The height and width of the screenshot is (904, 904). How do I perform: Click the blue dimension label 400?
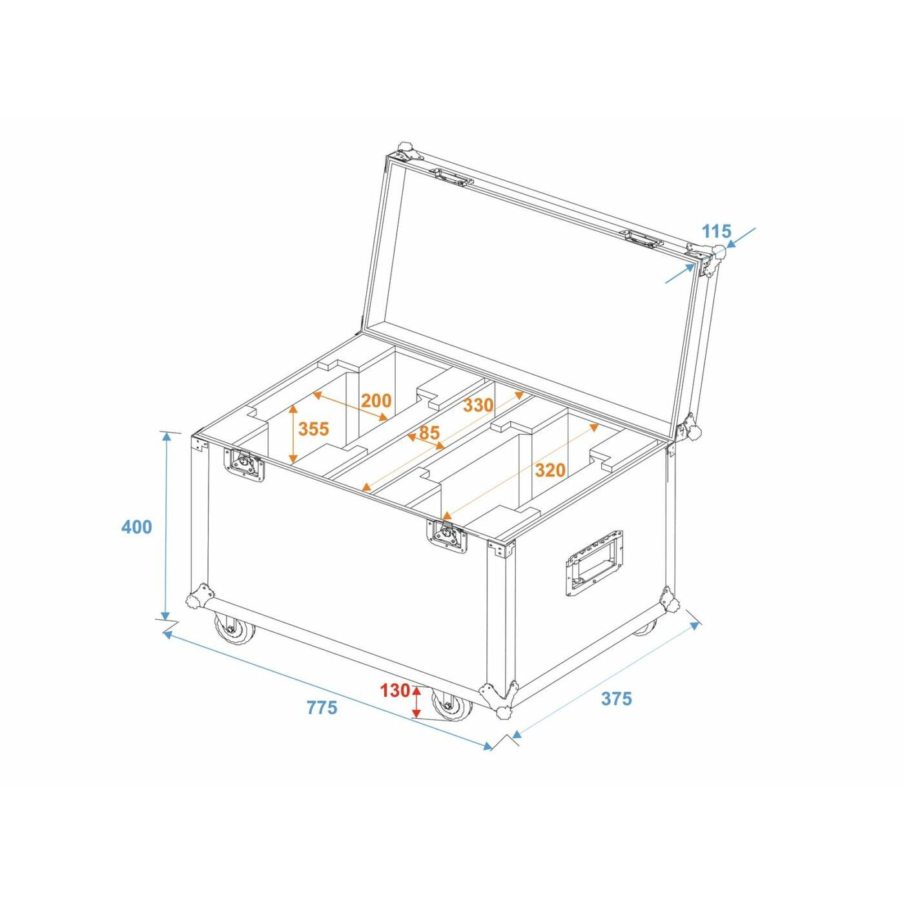click(x=136, y=527)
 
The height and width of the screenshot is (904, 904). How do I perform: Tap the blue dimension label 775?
click(x=322, y=707)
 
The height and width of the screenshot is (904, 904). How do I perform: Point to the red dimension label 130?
click(x=395, y=690)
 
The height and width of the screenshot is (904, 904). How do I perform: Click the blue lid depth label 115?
click(x=716, y=231)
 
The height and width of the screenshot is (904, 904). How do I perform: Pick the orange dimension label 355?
click(x=314, y=429)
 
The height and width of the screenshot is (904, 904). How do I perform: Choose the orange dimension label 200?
click(x=376, y=400)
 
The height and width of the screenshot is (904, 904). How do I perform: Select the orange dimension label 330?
click(x=478, y=404)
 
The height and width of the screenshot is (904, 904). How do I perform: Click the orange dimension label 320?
click(x=550, y=469)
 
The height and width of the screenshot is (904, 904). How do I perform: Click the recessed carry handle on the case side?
click(x=594, y=562)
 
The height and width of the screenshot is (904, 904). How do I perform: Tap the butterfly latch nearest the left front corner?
click(x=245, y=464)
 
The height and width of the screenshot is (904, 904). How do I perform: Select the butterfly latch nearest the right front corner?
click(x=447, y=535)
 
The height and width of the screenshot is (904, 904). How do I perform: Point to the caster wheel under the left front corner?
click(x=234, y=630)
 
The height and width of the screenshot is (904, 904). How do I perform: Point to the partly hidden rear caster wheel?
click(x=646, y=628)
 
